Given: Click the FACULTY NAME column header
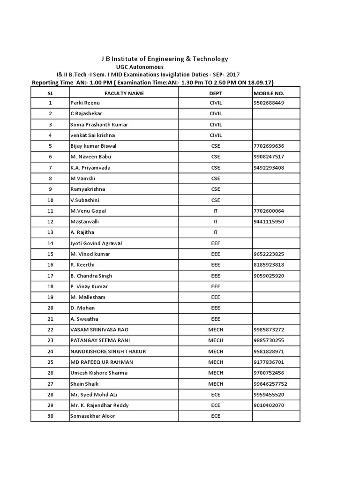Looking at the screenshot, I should pos(124,93).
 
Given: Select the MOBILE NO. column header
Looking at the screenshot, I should pos(269,93).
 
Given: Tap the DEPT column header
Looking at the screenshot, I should pos(216,93).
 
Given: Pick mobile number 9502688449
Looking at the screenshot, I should pos(269,103).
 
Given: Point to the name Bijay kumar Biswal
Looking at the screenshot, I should pos(93,146).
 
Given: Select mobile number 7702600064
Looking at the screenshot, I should pos(269,211).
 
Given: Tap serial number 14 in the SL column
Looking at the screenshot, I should pos(51,243).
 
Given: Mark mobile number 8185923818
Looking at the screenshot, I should pos(269,265).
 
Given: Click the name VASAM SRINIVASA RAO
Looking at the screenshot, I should pos(99,330).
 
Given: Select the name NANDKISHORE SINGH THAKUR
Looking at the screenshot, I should pos(108,351).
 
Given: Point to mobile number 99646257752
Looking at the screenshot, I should pos(270,383).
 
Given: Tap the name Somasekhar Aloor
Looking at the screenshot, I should pos(92,416).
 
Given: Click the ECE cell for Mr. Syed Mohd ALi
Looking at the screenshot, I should pos(216,394).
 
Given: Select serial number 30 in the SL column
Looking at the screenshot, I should pos(51,416).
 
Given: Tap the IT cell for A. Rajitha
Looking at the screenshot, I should pos(216,232).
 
